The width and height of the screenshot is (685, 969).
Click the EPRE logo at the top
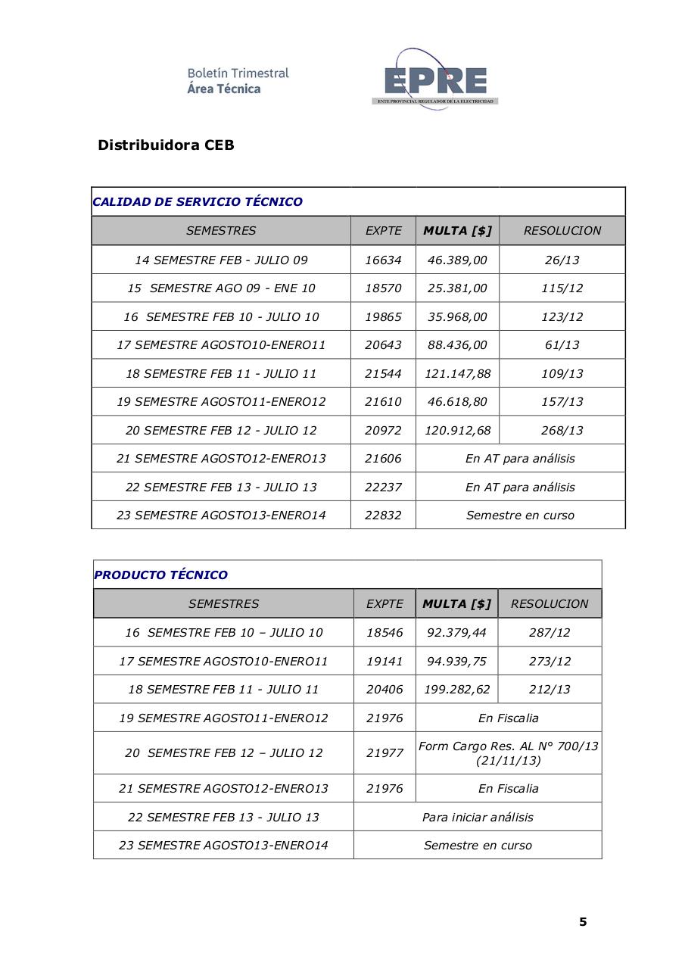434,79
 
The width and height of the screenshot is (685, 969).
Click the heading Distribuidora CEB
166,145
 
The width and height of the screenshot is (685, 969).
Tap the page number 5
583,921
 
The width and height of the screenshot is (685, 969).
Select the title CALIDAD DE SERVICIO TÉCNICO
198,202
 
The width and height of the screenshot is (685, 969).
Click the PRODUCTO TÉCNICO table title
160,575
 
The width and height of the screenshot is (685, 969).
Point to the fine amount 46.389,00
457,260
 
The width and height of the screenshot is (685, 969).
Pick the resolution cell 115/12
562,288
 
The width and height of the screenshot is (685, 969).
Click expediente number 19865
383,316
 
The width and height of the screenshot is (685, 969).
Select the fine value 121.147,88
457,373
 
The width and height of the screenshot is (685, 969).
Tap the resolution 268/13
562,430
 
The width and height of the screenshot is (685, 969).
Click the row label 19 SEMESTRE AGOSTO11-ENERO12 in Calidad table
221,402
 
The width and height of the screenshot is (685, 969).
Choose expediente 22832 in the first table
383,516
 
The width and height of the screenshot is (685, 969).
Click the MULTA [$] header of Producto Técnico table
456,603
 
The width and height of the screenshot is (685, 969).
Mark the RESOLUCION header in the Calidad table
562,231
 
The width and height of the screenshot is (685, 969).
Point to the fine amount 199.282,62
457,690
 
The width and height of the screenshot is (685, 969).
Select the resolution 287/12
550,632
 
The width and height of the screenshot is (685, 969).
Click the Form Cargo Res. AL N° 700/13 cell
508,753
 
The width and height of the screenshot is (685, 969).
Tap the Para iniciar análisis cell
478,817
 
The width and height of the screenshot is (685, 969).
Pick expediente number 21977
385,753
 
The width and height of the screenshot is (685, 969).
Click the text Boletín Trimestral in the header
238,73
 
